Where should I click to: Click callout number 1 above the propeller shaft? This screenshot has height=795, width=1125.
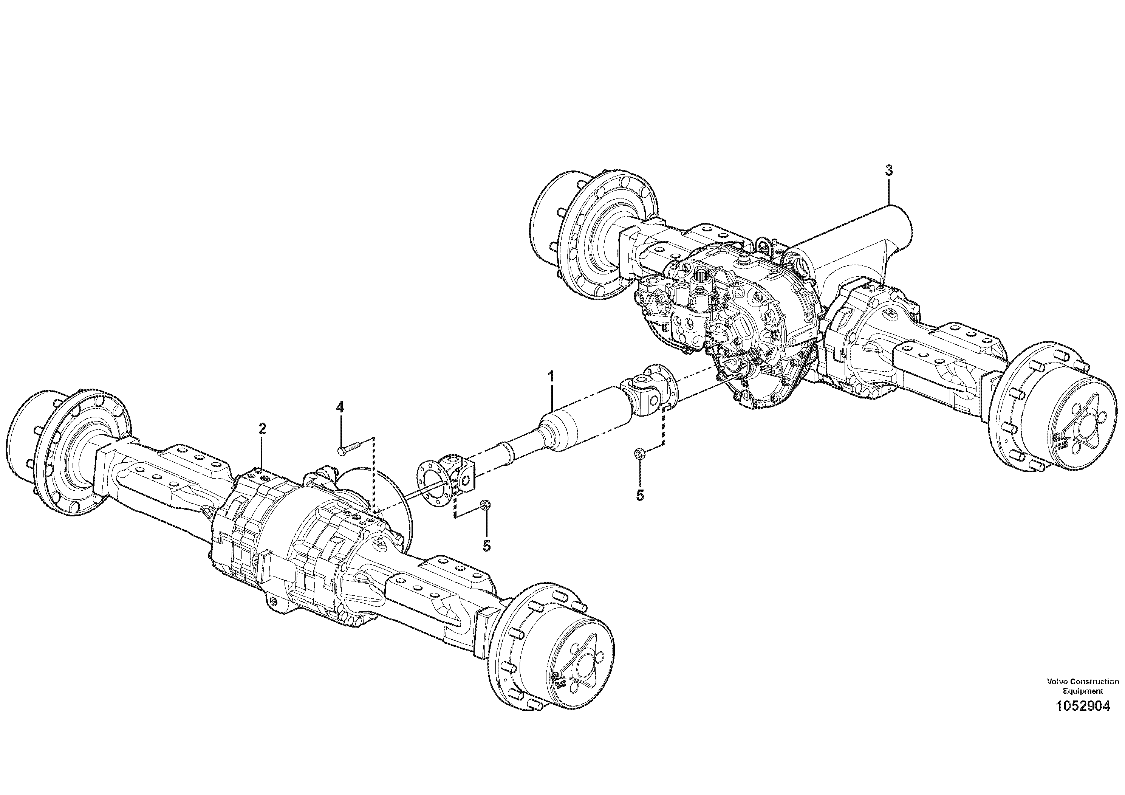tap(551, 377)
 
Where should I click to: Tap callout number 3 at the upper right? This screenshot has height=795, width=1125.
tap(889, 170)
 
